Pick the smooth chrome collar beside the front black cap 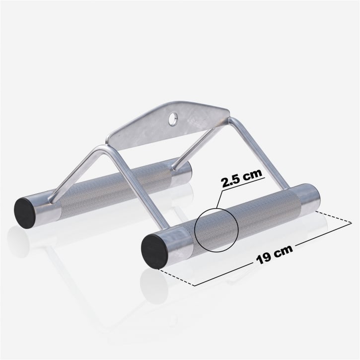point(176,241)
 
